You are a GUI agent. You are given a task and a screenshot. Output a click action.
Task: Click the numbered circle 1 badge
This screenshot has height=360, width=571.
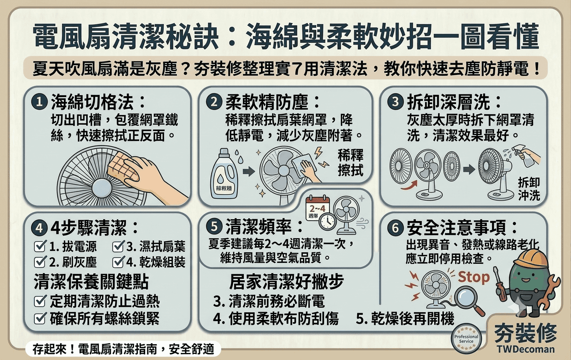click(39, 102)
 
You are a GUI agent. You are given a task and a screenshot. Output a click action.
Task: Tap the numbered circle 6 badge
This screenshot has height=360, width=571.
click(396, 228)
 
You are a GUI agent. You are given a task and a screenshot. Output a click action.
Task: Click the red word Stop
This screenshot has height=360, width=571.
click(474, 277)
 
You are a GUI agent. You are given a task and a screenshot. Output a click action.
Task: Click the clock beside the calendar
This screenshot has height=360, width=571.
click(328, 222)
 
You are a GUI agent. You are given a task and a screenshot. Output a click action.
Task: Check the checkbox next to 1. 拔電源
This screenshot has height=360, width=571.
click(40, 246)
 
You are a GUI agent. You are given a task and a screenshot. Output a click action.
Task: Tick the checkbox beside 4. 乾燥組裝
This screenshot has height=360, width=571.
click(118, 262)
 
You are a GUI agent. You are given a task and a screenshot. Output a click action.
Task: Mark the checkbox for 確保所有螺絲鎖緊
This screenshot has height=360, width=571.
click(40, 318)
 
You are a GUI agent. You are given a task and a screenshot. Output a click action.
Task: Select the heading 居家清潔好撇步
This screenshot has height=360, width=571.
click(287, 281)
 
